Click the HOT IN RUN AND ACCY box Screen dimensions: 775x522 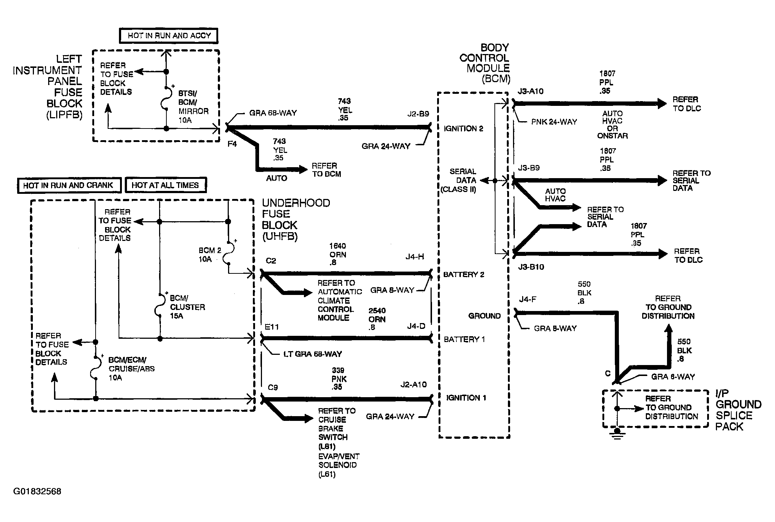click(169, 36)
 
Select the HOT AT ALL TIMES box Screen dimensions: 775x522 click(166, 185)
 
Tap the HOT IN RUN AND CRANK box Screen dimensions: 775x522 click(69, 185)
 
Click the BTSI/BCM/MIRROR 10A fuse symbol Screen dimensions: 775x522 click(165, 98)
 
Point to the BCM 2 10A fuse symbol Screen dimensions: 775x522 click(228, 253)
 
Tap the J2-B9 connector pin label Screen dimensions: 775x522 click(418, 114)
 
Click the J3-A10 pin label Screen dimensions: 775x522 click(531, 92)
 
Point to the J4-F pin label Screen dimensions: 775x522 click(528, 300)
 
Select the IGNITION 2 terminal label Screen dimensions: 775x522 click(463, 128)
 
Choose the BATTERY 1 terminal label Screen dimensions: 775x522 click(464, 339)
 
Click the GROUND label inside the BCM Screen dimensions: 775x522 click(485, 316)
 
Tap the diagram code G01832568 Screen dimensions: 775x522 click(37, 491)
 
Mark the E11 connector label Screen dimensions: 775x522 click(272, 327)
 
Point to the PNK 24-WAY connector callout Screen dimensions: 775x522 click(554, 122)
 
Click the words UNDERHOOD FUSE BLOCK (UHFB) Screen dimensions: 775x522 click(296, 220)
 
